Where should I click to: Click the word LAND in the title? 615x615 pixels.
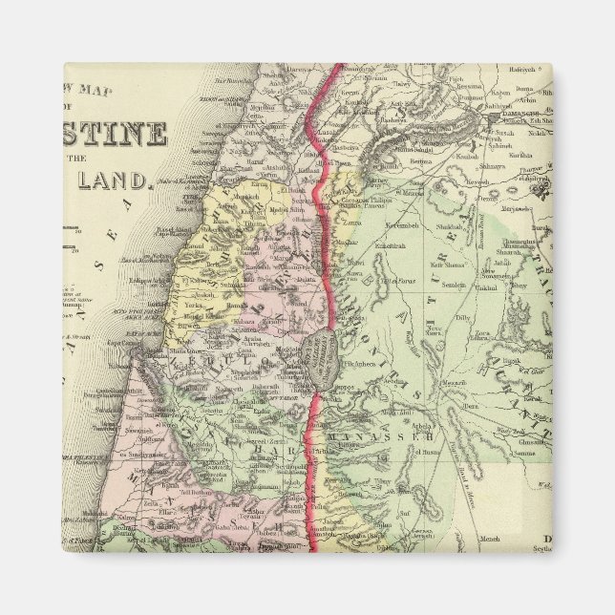tap(116, 179)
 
